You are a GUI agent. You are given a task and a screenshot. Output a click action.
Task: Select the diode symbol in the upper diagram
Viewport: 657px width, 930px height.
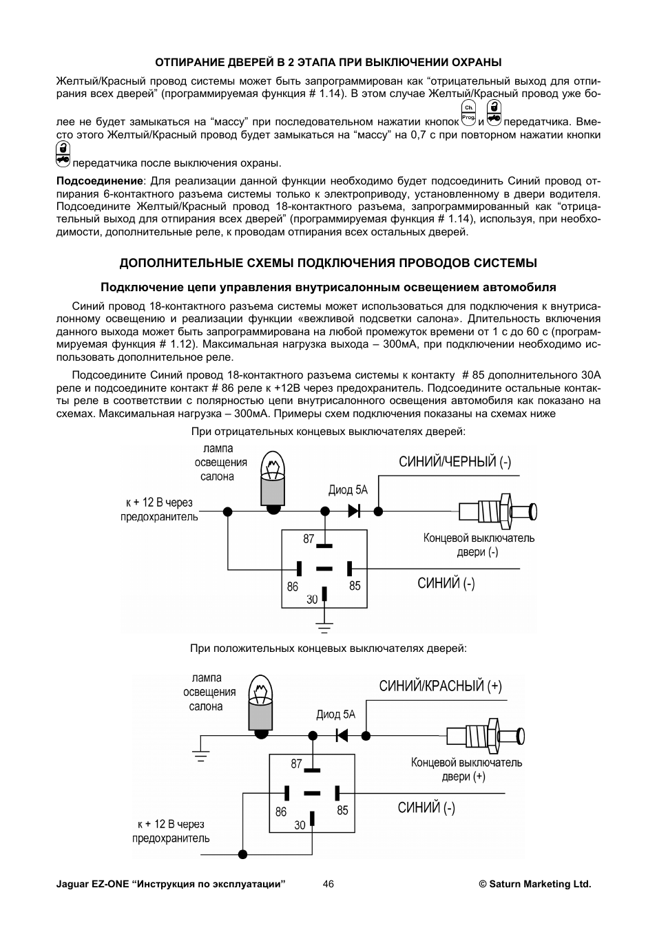coord(355,511)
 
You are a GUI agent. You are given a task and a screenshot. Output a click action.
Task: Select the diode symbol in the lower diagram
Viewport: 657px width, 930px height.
coord(342,735)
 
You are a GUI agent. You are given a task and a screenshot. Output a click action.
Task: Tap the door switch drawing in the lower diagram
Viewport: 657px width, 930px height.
coord(486,735)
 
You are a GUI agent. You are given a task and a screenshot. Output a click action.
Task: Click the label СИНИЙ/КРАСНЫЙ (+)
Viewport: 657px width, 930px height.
coord(440,686)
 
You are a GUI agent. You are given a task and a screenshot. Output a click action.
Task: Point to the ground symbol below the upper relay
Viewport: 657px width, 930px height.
coord(324,626)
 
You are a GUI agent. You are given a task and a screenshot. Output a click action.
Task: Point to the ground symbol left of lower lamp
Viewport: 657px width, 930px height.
coord(200,755)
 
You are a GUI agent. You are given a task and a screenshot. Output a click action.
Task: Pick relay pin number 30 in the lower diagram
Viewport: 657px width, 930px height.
coord(300,825)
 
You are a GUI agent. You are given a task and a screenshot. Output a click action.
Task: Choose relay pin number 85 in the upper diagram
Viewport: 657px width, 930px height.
coord(355,586)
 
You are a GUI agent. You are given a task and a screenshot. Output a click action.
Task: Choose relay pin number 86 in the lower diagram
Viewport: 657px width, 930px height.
coord(281,812)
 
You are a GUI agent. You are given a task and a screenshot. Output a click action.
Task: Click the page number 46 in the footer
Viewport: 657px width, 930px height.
coord(328,884)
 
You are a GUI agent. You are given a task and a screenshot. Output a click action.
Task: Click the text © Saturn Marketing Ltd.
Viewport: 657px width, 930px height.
coord(534,884)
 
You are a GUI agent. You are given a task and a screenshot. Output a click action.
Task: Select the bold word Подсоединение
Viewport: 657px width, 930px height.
coord(99,181)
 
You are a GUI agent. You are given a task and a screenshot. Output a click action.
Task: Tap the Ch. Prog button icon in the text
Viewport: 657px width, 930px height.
coord(468,113)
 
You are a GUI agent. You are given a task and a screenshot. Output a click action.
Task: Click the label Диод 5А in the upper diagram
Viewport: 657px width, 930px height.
coord(348,490)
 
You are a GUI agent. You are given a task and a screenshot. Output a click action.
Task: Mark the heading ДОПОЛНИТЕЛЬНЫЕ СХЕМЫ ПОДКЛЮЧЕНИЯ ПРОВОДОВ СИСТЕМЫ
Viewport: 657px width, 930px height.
coord(328,263)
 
